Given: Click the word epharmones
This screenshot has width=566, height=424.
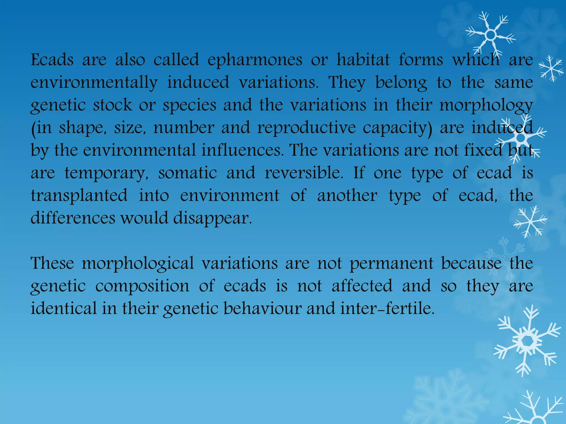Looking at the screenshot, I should tap(255, 60).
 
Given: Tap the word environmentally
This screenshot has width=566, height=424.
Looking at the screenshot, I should tap(94, 83).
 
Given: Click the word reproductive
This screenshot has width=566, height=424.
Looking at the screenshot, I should tap(306, 128).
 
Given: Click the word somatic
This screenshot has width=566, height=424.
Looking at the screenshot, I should tap(187, 173).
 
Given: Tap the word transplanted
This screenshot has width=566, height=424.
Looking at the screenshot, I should tap(79, 196).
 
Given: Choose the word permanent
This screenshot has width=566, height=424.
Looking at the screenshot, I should tap(391, 263).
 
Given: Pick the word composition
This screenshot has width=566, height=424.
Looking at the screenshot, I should tap(142, 286).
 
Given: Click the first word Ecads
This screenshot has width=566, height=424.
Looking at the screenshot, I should tap(52, 60).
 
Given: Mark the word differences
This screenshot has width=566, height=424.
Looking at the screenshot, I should tap(73, 218).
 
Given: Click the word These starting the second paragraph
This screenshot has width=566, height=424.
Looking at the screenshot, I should tap(52, 263).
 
